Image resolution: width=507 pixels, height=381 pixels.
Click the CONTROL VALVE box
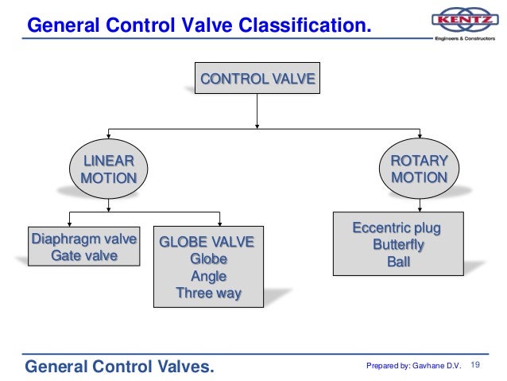click(x=257, y=80)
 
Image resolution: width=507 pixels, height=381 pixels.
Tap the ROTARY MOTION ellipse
click(x=419, y=169)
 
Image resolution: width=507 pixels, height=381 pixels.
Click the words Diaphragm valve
click(x=83, y=239)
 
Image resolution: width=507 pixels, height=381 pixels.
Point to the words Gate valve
click(x=83, y=256)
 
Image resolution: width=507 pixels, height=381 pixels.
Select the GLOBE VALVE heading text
click(x=207, y=243)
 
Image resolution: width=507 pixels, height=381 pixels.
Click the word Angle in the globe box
click(x=208, y=277)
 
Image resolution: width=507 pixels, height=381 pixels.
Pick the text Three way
click(x=208, y=294)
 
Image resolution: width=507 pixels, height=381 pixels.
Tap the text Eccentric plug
click(x=397, y=228)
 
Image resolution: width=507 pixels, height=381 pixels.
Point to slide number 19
click(x=477, y=365)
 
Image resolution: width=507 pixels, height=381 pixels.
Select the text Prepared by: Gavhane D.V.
click(x=413, y=366)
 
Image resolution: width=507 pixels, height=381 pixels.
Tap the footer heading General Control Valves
click(x=120, y=367)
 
